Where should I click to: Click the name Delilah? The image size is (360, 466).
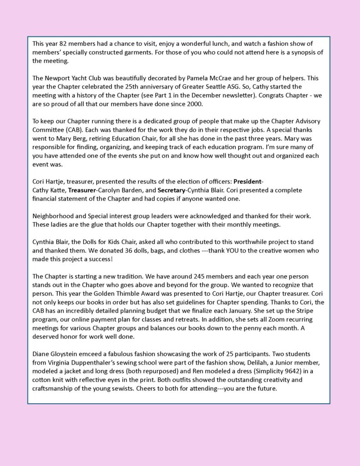click(x=260, y=362)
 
